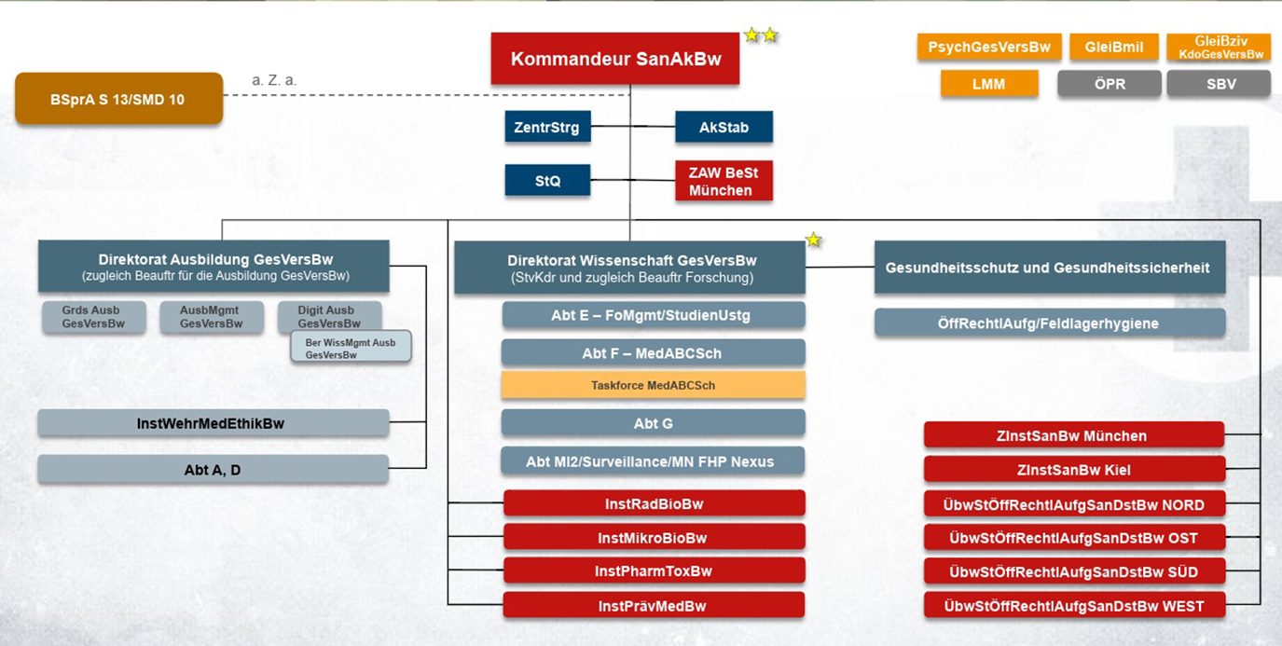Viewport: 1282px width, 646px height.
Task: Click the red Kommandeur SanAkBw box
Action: (x=615, y=59)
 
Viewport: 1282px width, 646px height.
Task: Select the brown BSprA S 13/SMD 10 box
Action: (x=118, y=99)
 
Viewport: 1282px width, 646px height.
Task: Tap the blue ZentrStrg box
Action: (x=547, y=127)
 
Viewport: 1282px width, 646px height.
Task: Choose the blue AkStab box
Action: (x=724, y=127)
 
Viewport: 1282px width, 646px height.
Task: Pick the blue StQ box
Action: (x=547, y=181)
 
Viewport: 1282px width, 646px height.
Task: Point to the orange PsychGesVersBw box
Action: (x=988, y=48)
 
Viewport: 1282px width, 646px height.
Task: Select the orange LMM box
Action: (x=988, y=84)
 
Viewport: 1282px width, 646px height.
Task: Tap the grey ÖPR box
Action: (x=1109, y=84)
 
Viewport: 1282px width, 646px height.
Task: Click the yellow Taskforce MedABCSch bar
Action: (x=653, y=385)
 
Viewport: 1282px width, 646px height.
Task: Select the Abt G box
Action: (x=653, y=423)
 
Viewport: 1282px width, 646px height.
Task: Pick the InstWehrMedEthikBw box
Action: (x=213, y=423)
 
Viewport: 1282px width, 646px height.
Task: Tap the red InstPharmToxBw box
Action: (x=653, y=571)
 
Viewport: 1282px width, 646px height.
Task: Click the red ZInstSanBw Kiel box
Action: (x=1073, y=470)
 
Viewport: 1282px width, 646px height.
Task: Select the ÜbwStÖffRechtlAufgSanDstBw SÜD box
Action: (x=1073, y=571)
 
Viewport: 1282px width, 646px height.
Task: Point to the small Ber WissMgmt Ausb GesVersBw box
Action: (x=351, y=349)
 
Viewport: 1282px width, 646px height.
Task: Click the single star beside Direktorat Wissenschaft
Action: (x=813, y=241)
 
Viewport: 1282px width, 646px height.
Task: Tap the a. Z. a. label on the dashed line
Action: (x=274, y=81)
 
